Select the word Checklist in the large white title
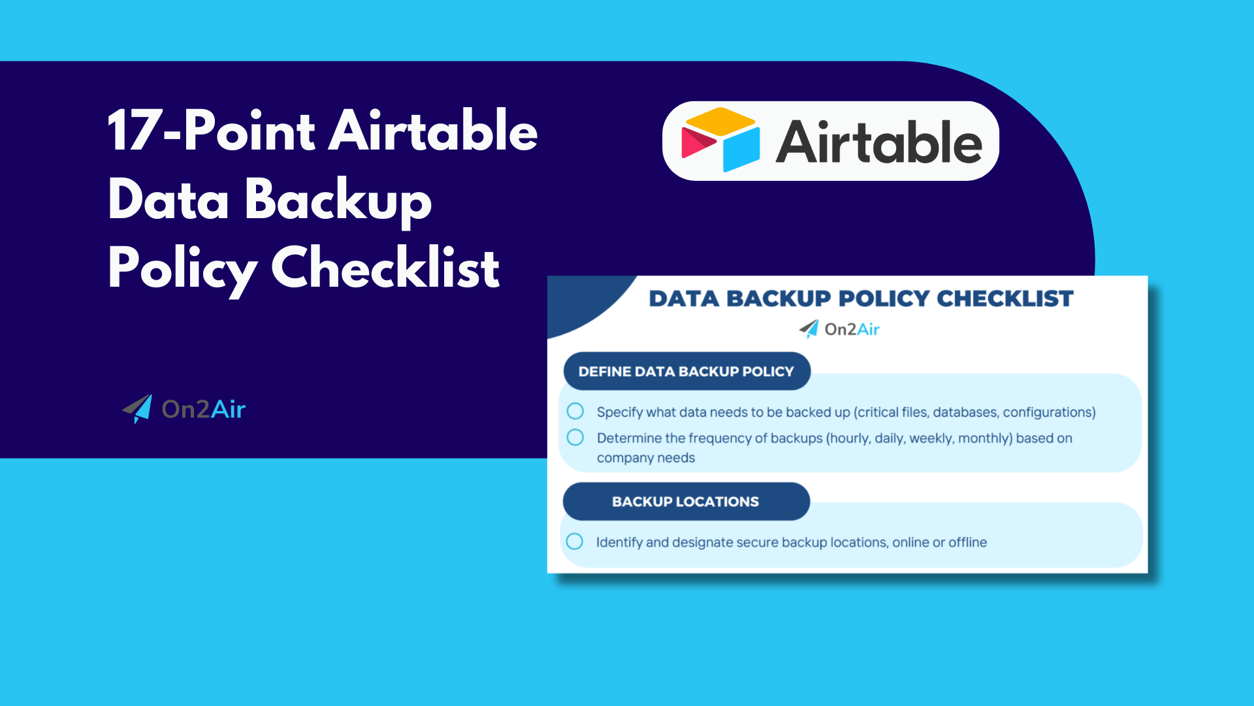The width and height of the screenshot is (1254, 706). pyautogui.click(x=385, y=268)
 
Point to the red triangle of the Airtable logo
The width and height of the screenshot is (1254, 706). pyautogui.click(x=696, y=142)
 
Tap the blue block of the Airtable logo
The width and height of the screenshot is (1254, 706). pyautogui.click(x=742, y=149)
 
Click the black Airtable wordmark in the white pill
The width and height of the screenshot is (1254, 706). pyautogui.click(x=878, y=142)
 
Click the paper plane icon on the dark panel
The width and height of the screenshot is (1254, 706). pyautogui.click(x=138, y=409)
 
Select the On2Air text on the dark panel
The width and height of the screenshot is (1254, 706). pyautogui.click(x=203, y=409)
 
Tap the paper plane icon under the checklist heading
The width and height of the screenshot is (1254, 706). pyautogui.click(x=809, y=329)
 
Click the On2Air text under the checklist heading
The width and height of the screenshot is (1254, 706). pyautogui.click(x=852, y=329)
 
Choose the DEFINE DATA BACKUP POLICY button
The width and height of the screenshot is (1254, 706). pyautogui.click(x=686, y=371)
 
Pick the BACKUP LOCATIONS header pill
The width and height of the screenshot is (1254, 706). pyautogui.click(x=686, y=502)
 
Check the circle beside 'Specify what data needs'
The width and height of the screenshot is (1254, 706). pyautogui.click(x=575, y=411)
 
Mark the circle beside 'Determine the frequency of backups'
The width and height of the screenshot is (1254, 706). pyautogui.click(x=575, y=438)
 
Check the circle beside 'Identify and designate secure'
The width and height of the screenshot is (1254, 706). pyautogui.click(x=575, y=541)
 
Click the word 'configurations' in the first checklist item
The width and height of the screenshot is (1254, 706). pyautogui.click(x=1047, y=412)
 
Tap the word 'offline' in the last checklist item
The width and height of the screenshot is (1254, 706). pyautogui.click(x=967, y=542)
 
